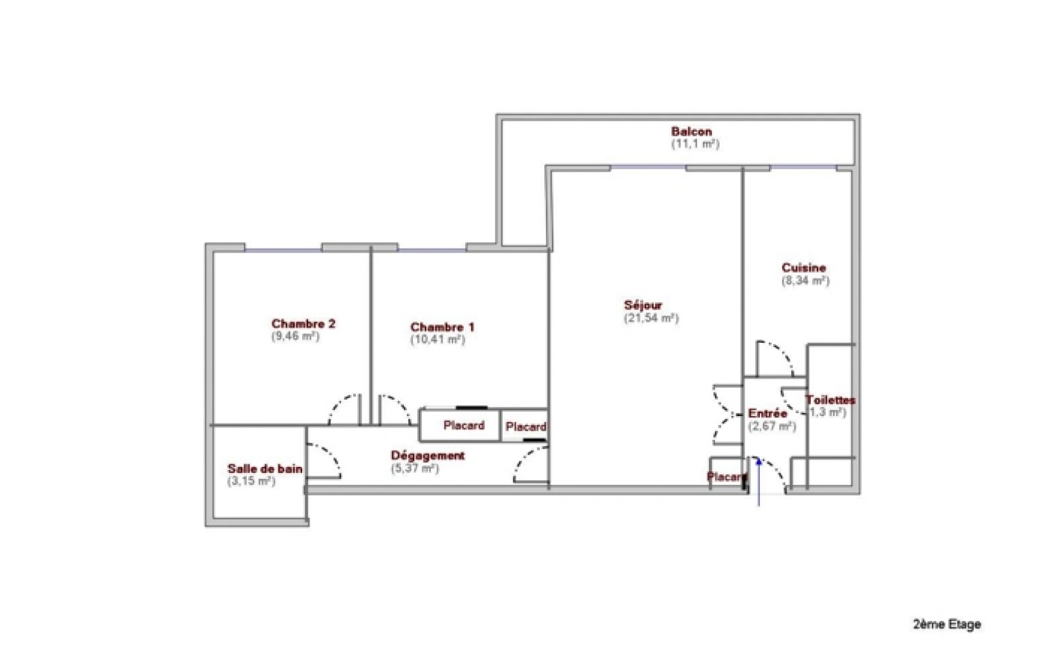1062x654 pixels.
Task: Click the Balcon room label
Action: pos(691,131)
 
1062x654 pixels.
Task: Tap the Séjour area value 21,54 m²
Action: pos(651,319)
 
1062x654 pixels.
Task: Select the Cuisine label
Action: pos(803,268)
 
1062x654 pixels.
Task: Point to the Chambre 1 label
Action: pos(442,328)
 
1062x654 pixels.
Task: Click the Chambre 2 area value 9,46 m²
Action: pos(295,337)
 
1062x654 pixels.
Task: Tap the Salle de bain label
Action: pos(265,469)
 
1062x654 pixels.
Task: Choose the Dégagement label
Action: pos(427,455)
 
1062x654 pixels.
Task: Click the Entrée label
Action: pos(768,414)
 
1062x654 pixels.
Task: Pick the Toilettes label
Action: pos(830,400)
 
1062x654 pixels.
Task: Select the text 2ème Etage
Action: pos(946,624)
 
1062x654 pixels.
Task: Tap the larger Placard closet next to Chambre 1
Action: pos(463,426)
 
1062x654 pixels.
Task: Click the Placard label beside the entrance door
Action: pos(726,477)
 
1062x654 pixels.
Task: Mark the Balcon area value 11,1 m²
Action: pos(695,144)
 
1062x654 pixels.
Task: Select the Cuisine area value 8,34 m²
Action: pos(805,281)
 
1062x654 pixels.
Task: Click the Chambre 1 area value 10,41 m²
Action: pos(437,340)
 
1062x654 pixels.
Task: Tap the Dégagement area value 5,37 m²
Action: pos(415,468)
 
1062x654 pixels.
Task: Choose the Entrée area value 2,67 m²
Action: pos(771,426)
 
